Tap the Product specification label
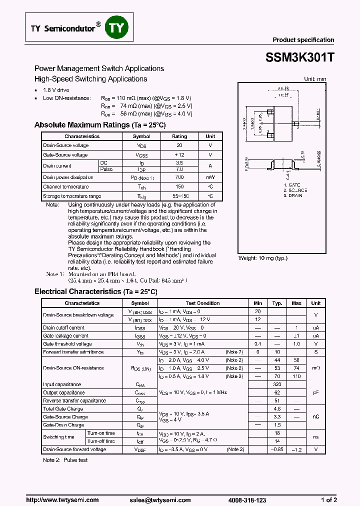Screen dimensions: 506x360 303,40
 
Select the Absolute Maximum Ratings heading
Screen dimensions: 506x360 99,125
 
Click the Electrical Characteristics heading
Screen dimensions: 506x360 95,291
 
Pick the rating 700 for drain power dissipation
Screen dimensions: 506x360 179,177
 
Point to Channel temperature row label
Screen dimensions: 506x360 66,186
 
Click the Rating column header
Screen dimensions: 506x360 179,136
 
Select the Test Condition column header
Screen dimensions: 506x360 202,303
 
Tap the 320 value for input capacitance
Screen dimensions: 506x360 277,384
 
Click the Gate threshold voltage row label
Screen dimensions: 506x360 67,344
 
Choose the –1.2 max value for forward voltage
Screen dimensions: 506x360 296,449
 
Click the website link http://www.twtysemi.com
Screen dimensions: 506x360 62,500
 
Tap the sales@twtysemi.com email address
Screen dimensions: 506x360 160,500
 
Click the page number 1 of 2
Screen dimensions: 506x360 328,500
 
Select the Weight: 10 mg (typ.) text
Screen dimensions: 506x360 262,258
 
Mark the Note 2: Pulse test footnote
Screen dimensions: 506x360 65,460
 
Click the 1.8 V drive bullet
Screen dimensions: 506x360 56,90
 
